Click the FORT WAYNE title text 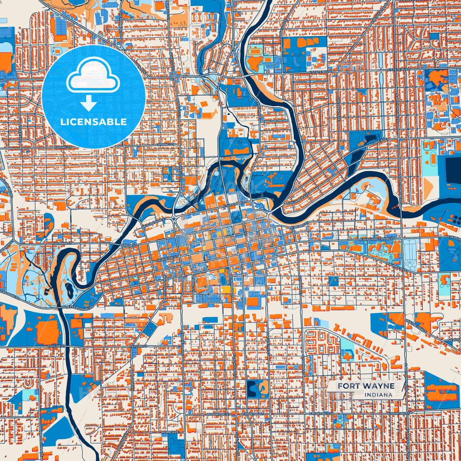click(366, 386)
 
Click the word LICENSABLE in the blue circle click(93, 122)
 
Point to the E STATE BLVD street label click(320, 72)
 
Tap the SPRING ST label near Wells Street click(166, 145)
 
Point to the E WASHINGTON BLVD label click(377, 239)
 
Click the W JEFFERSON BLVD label click(78, 307)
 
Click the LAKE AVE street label click(379, 142)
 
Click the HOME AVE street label click(170, 432)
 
